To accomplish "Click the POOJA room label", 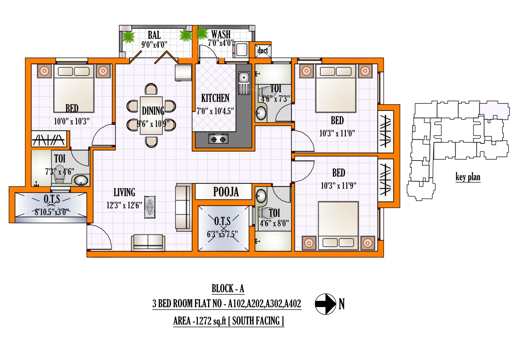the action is click(x=226, y=192).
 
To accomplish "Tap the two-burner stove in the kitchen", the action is click(x=218, y=139).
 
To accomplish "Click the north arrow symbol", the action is click(x=326, y=304).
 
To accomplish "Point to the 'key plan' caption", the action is click(x=468, y=177).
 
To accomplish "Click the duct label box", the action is click(x=263, y=50).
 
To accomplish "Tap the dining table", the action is click(x=151, y=116).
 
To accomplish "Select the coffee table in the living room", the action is click(x=150, y=207).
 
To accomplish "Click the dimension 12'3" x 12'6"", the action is click(x=124, y=205).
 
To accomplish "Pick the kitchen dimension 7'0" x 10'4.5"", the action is click(x=215, y=111).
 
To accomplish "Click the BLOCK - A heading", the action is click(x=228, y=288).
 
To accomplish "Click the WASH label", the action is click(x=221, y=35).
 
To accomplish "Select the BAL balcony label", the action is click(x=154, y=35).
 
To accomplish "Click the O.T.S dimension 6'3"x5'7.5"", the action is click(x=222, y=234).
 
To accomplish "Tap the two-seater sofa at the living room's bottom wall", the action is click(x=148, y=243).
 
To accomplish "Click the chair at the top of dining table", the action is click(x=151, y=89).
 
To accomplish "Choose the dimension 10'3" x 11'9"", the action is click(x=339, y=186).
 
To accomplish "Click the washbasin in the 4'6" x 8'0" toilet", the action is click(x=261, y=196).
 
